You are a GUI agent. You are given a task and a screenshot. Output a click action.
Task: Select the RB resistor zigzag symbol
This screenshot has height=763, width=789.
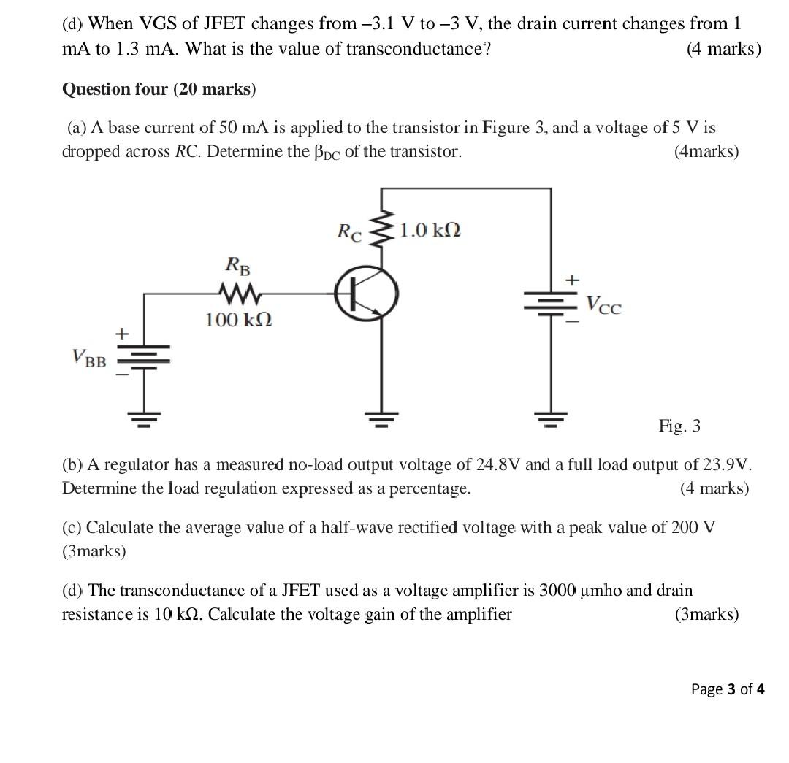click(239, 294)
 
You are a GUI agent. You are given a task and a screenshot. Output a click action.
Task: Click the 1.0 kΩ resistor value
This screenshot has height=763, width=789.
click(431, 231)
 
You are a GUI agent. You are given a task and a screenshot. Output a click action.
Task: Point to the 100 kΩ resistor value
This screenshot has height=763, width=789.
click(239, 320)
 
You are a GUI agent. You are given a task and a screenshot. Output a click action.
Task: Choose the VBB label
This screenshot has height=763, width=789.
click(88, 359)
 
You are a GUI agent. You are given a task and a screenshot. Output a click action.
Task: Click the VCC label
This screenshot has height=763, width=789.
click(604, 306)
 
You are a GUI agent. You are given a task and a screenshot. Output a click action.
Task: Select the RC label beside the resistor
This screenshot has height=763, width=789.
click(351, 232)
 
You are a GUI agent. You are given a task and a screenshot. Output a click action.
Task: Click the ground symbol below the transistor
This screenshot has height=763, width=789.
click(379, 418)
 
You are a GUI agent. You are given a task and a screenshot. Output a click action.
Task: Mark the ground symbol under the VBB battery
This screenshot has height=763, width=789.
click(143, 419)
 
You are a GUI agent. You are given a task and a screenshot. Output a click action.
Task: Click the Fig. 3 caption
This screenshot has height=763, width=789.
click(679, 425)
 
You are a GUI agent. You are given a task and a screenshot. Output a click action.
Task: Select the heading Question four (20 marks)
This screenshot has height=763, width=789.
click(159, 90)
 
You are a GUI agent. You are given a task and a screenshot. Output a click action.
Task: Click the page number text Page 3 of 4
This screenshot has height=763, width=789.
click(728, 689)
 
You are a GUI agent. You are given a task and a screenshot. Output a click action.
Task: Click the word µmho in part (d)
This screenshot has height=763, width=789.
click(601, 591)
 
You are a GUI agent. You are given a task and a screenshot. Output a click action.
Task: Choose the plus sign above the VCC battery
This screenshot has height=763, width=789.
click(573, 280)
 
